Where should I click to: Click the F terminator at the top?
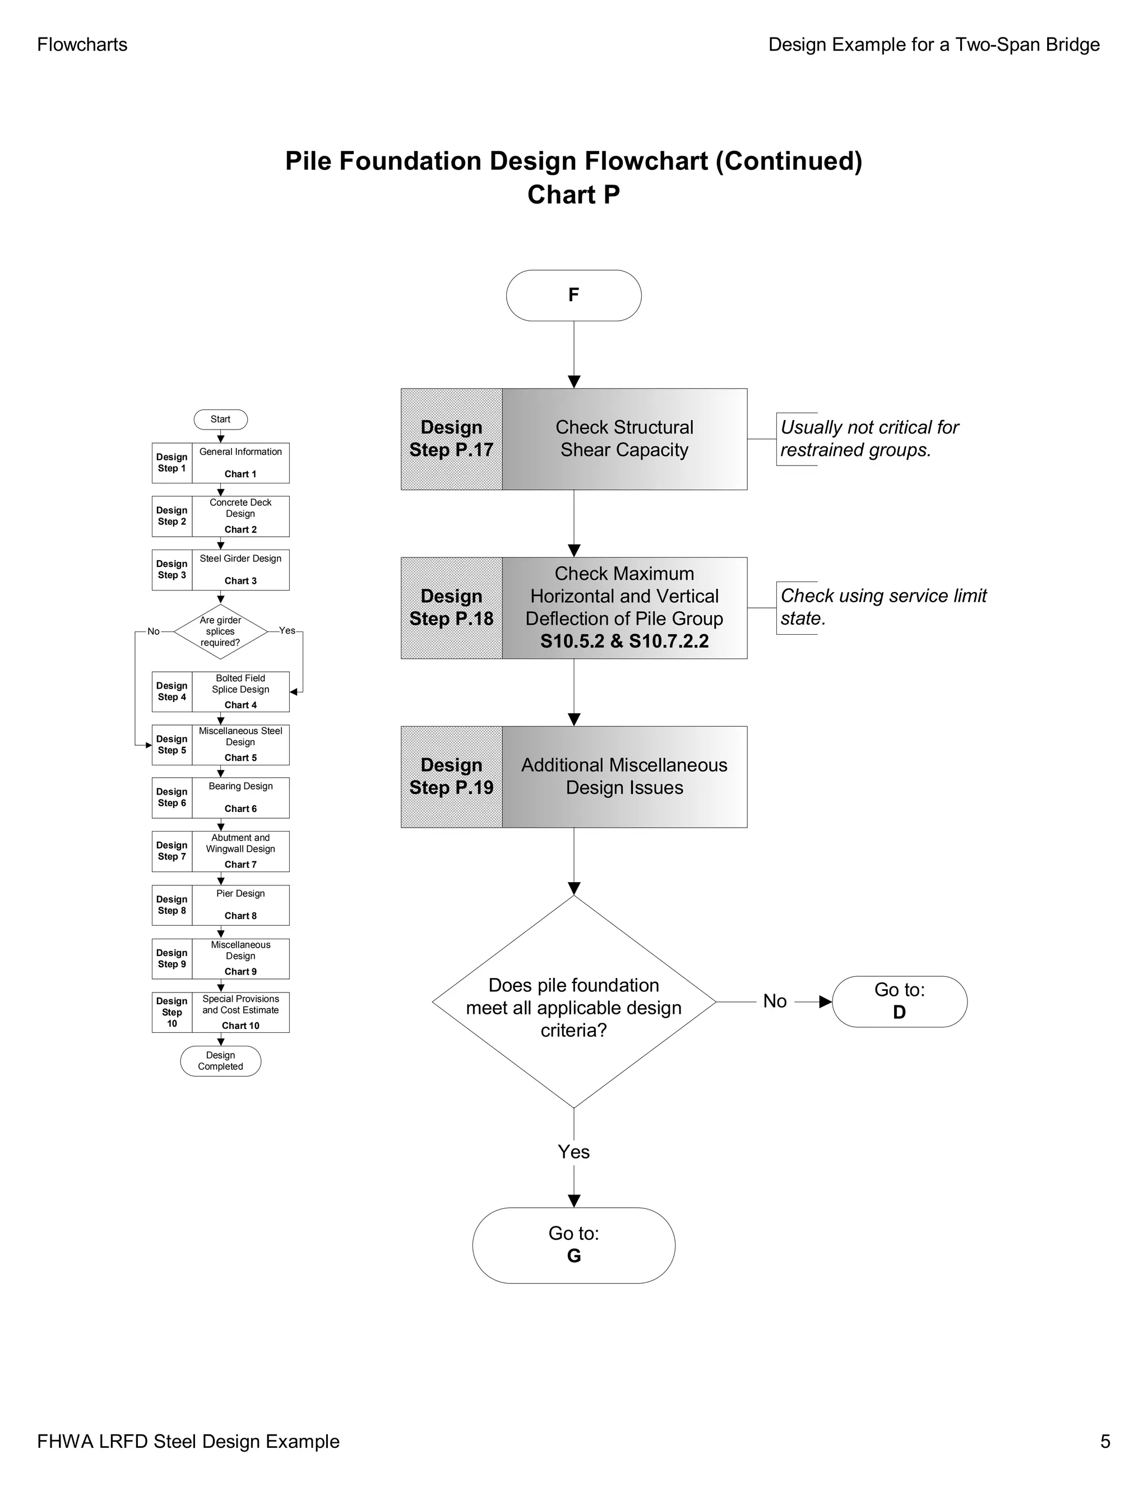pos(573,296)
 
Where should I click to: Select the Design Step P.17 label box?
pos(451,439)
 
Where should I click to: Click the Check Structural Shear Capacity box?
pos(624,439)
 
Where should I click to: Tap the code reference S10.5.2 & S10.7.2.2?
pos(624,641)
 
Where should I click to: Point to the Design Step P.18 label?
pos(451,608)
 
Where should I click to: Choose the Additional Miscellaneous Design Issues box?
pos(624,776)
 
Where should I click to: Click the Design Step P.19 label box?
pos(451,776)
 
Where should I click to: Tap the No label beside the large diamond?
pos(775,1001)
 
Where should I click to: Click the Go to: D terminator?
pos(899,1002)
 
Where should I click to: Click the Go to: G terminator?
pos(573,1245)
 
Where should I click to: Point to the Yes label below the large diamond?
pos(573,1152)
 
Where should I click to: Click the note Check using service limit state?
pos(882,607)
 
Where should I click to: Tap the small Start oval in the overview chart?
pos(220,419)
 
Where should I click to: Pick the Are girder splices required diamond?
pos(220,631)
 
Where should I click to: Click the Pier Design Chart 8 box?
pos(240,905)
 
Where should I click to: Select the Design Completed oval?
pos(220,1061)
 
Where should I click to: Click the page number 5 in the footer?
pos(1104,1441)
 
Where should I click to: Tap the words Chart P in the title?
pos(573,195)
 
